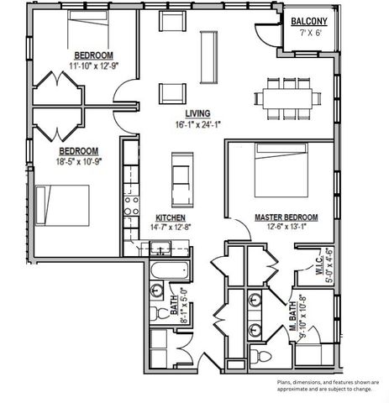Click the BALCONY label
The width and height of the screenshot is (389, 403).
[309, 21]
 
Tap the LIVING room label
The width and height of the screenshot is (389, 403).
[197, 113]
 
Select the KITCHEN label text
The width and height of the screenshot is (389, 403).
[171, 217]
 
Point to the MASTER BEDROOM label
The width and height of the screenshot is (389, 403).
[286, 217]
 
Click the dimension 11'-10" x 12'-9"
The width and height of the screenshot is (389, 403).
[94, 66]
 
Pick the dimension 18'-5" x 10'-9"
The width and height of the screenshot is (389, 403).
[79, 161]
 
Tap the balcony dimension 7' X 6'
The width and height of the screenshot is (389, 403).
[309, 33]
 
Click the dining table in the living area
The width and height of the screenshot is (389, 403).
[287, 99]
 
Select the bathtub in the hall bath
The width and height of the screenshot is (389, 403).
[169, 270]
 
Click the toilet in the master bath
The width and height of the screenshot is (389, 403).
[261, 356]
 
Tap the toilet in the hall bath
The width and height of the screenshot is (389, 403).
[157, 313]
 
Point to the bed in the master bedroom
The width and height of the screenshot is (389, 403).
[281, 170]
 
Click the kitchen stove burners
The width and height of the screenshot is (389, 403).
[131, 206]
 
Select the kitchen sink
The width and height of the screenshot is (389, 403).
[160, 249]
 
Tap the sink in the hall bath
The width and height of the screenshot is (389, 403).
[156, 290]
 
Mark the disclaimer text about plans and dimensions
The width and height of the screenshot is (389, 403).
[328, 385]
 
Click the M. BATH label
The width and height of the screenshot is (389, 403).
[292, 316]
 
